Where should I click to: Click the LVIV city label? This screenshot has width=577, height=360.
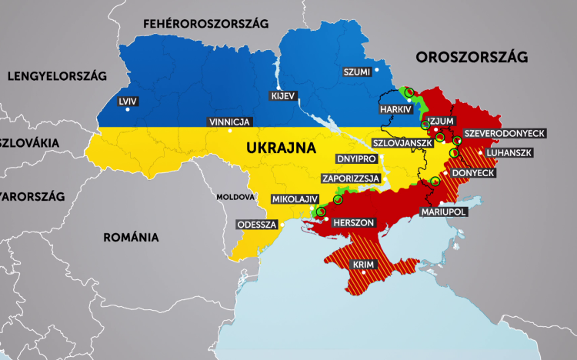point(127,101)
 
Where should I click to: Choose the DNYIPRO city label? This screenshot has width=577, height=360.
point(356,158)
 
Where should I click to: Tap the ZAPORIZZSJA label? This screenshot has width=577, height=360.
point(352,178)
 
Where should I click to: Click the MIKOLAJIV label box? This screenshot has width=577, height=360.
point(292,199)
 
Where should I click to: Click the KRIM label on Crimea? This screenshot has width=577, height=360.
point(362,265)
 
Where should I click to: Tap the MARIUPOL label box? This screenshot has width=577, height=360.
point(443,211)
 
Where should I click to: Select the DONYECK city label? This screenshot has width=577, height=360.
point(472,174)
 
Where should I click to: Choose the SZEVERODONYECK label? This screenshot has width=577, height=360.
point(505,133)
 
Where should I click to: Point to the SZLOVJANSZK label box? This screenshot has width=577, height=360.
point(402,143)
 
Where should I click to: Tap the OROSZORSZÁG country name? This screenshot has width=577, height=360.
point(471,57)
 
